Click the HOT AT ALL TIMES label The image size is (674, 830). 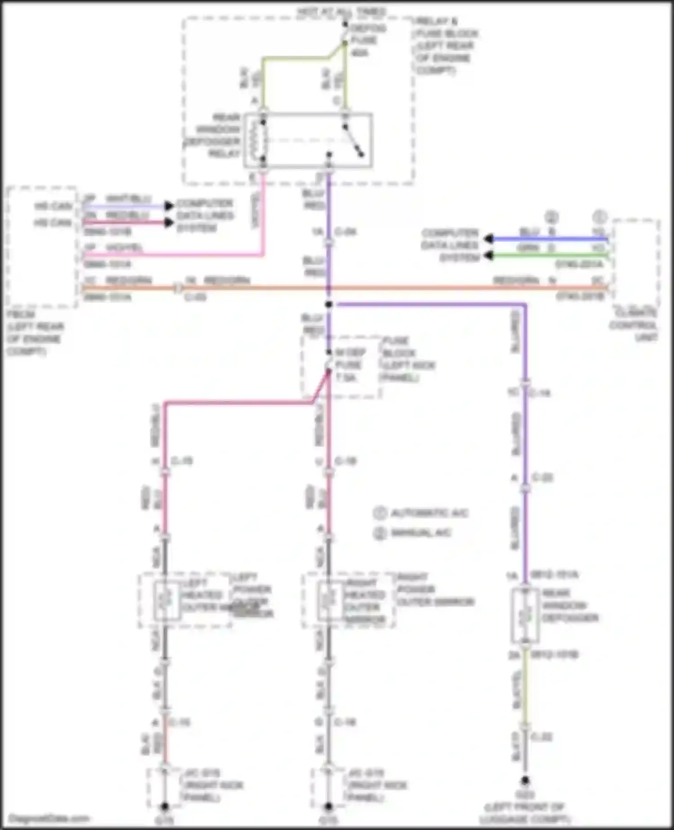(x=341, y=11)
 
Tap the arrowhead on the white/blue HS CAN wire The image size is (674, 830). (x=169, y=206)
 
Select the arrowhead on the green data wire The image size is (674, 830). (x=489, y=256)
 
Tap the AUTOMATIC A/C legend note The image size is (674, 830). (x=422, y=513)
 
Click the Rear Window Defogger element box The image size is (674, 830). (x=525, y=615)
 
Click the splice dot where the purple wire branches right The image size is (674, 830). (x=329, y=304)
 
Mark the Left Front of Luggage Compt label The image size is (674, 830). (x=525, y=813)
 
